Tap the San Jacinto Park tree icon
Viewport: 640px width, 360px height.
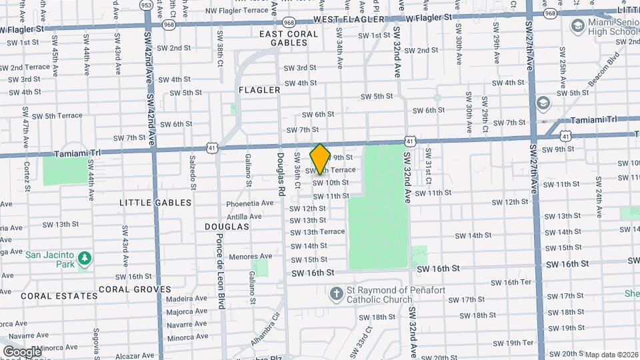tap(84, 258)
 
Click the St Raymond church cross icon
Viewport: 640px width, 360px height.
tap(337, 293)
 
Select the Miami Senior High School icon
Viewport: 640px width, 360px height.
tap(577, 25)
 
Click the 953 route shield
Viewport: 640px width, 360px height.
tap(146, 5)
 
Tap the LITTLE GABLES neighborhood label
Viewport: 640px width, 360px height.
tap(155, 203)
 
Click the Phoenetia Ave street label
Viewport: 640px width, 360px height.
tap(250, 203)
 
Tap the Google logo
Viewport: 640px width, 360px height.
tap(22, 351)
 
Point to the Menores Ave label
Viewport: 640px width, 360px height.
tap(250, 256)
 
